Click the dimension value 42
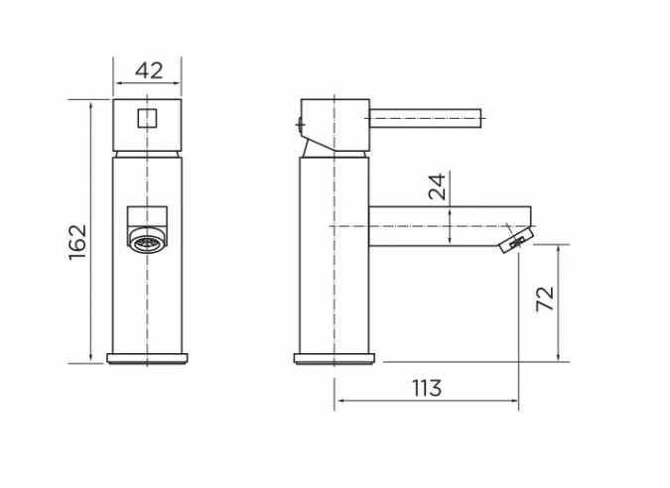[x=148, y=70]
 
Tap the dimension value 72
[x=544, y=299]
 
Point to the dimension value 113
[x=427, y=388]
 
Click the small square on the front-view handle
[x=147, y=119]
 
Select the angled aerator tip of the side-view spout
[x=514, y=240]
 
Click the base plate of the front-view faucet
[x=147, y=357]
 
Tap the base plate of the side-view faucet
[x=335, y=357]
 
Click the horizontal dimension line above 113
[x=427, y=402]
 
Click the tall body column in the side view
[x=334, y=258]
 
